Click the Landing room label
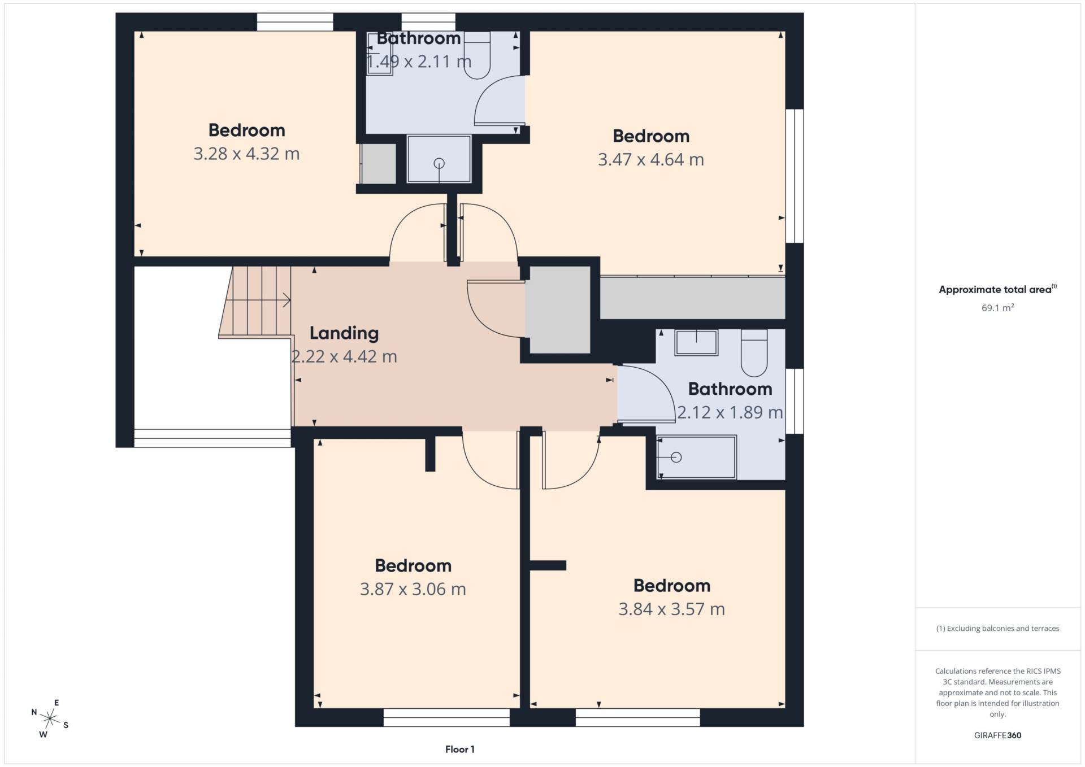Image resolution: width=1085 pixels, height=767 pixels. click(344, 333)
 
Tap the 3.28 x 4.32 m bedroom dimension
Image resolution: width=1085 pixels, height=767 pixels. click(246, 154)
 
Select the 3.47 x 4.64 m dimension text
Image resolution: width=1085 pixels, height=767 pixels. click(651, 160)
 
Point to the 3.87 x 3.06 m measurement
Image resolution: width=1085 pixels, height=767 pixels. click(413, 589)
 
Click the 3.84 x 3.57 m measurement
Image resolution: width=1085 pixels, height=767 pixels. click(672, 609)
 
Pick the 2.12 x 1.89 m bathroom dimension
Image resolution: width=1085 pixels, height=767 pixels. click(730, 412)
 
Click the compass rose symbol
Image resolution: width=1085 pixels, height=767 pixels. click(50, 718)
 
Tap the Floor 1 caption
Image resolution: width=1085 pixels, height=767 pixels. click(460, 749)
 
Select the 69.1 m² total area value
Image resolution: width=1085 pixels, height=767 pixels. click(997, 308)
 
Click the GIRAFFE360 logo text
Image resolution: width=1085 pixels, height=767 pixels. click(997, 735)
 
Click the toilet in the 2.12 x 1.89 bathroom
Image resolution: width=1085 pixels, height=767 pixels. click(754, 354)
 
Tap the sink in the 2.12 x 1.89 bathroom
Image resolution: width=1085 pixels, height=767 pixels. click(696, 342)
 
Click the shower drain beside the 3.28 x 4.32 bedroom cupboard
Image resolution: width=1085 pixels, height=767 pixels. click(439, 163)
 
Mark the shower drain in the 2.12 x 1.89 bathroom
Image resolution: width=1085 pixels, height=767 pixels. click(676, 457)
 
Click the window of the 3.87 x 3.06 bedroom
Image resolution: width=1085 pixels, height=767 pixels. click(446, 718)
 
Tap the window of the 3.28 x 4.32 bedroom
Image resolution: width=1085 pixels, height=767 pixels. click(295, 22)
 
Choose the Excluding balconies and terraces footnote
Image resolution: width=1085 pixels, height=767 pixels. click(997, 629)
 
